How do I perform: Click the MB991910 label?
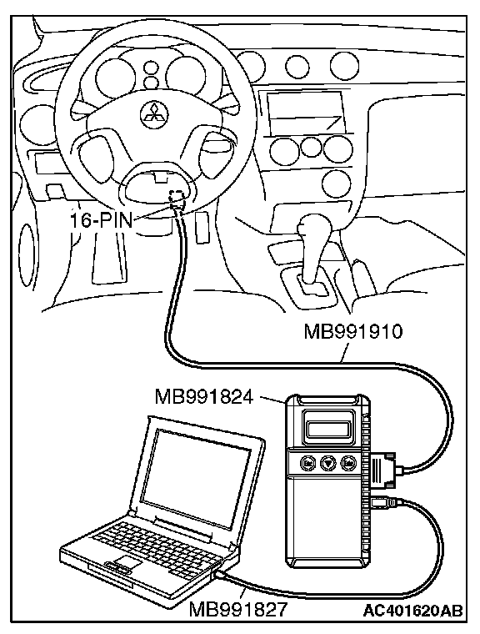353,332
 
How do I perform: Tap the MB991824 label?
204,396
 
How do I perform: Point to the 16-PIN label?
102,220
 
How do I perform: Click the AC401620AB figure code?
412,610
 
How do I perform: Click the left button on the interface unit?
307,462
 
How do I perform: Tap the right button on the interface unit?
347,462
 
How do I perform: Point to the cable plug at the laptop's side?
222,576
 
